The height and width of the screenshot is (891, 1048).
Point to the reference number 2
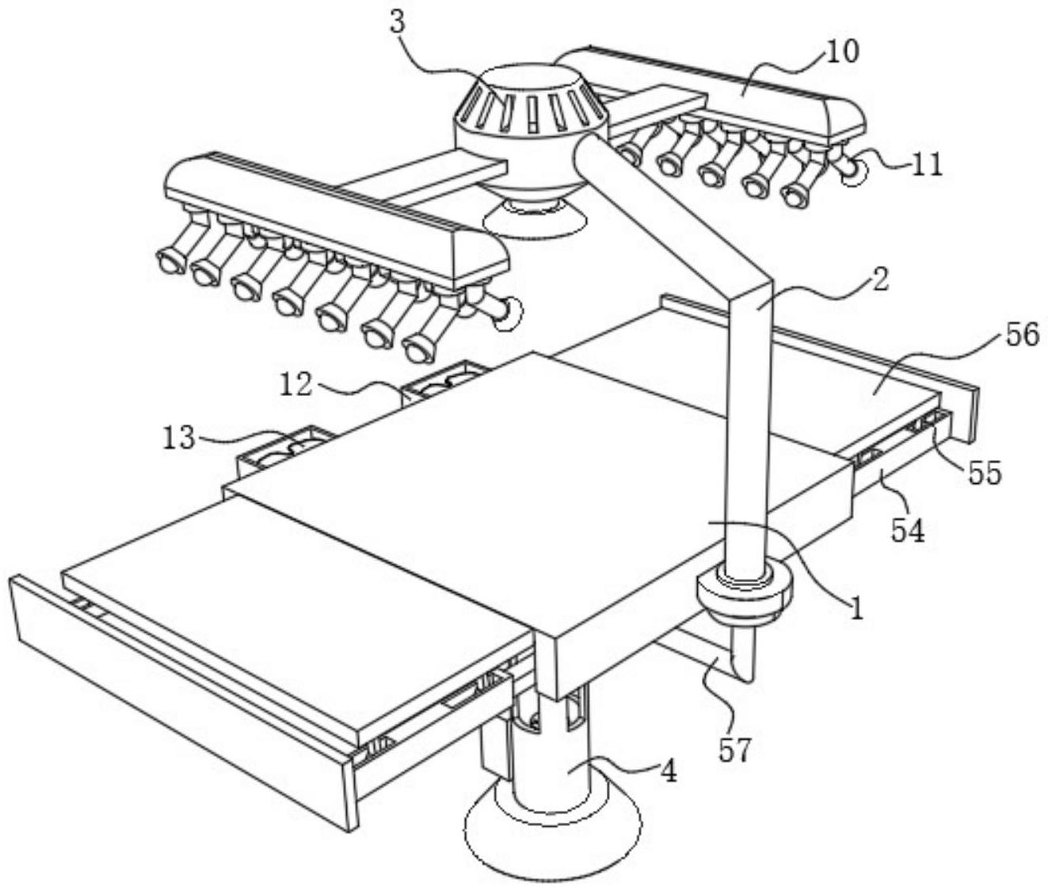881,280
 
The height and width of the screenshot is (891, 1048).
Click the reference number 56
1023,335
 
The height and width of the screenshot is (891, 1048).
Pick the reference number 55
985,474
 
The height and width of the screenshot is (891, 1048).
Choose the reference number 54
908,531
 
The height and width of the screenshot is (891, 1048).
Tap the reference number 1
856,607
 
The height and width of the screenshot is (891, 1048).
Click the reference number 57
734,749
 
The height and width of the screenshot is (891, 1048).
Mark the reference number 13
179,437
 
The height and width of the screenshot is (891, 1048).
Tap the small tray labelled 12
444,382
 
